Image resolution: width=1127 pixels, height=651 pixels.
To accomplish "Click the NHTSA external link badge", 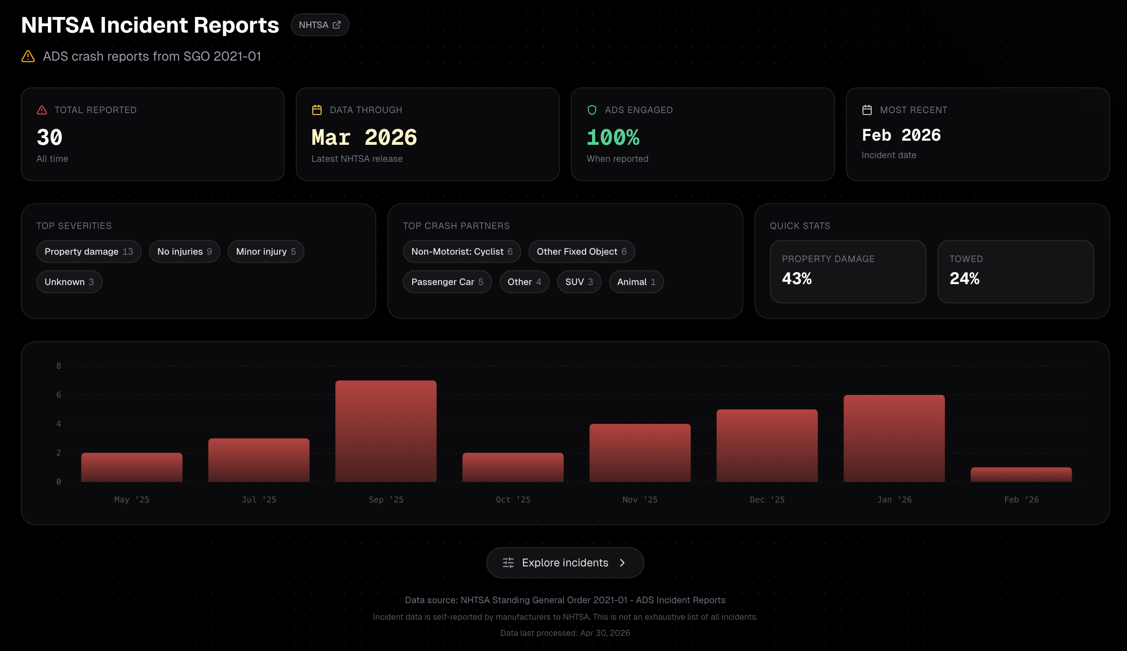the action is (x=320, y=25).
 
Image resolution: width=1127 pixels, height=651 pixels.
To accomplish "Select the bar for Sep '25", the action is (x=386, y=431).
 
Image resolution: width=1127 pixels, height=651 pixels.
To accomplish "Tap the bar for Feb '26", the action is (x=1021, y=474).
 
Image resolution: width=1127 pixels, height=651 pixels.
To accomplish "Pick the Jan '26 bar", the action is (x=894, y=438).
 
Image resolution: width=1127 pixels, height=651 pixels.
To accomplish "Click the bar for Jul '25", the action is (x=259, y=460).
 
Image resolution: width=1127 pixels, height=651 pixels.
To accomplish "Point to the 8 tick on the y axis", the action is (x=58, y=366).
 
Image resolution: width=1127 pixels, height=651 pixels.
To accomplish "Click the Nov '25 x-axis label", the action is (x=640, y=500).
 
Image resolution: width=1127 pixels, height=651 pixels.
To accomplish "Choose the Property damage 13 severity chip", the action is (x=89, y=251).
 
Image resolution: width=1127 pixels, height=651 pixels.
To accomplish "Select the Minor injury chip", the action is (x=266, y=251).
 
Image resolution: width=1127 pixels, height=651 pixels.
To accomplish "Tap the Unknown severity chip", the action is (x=69, y=282).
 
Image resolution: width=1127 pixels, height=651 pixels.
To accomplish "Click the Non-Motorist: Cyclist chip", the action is (x=462, y=251).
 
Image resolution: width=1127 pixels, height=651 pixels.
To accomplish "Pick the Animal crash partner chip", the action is (x=636, y=282).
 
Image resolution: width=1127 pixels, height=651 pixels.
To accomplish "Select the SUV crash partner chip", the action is (x=579, y=282).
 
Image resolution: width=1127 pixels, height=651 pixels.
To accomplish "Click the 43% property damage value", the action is (x=797, y=279).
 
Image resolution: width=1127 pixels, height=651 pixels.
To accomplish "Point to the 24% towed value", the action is (x=965, y=279).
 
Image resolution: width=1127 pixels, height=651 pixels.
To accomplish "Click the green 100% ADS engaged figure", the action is (x=613, y=137).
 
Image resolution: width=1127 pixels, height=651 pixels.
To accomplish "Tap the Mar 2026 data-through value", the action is (x=364, y=137).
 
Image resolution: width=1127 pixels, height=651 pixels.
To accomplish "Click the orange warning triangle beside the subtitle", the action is (x=28, y=56).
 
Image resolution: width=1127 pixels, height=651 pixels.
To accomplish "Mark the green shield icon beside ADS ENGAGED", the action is (x=592, y=110).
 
